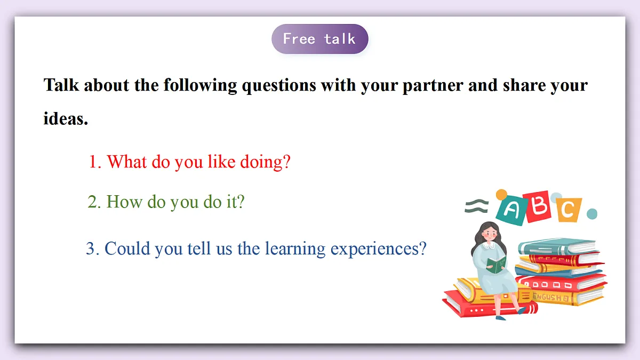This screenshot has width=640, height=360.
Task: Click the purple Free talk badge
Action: (319, 39)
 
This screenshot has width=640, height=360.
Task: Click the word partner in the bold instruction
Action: (433, 85)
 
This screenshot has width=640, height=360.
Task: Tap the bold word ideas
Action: (65, 119)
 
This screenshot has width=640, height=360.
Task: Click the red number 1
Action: (94, 162)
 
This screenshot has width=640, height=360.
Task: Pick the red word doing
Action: (265, 162)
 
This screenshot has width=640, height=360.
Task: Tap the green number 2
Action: (93, 203)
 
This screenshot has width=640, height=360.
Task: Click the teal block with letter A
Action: (510, 210)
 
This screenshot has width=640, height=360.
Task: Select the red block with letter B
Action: (539, 206)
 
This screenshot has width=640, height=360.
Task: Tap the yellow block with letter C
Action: (569, 210)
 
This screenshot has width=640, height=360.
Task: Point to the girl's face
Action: (489, 235)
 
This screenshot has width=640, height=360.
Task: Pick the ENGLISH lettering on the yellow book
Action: (547, 297)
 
